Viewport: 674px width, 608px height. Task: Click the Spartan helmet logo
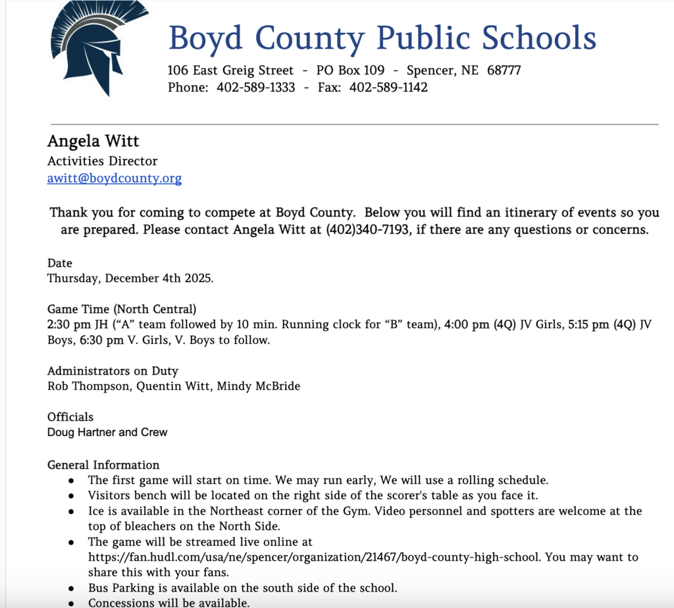pos(90,49)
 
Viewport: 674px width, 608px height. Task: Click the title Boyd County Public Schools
pos(382,38)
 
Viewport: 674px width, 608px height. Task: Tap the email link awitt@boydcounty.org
pos(115,178)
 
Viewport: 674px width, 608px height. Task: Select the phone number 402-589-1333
pos(255,87)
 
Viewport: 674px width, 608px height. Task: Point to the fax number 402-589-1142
pos(388,87)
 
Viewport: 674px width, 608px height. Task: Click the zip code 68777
pos(504,70)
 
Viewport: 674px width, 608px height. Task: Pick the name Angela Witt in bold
pos(93,142)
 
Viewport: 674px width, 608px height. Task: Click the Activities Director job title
pos(102,161)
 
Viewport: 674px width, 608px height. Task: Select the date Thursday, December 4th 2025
pos(130,278)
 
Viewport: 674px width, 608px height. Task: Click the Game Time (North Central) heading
pos(122,309)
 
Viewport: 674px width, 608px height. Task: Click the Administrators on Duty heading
pos(113,371)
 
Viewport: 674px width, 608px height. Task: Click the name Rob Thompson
pos(89,386)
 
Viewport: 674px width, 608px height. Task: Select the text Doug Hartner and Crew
pos(107,432)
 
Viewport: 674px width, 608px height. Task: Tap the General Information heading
pos(103,465)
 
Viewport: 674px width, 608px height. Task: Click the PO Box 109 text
pos(350,70)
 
